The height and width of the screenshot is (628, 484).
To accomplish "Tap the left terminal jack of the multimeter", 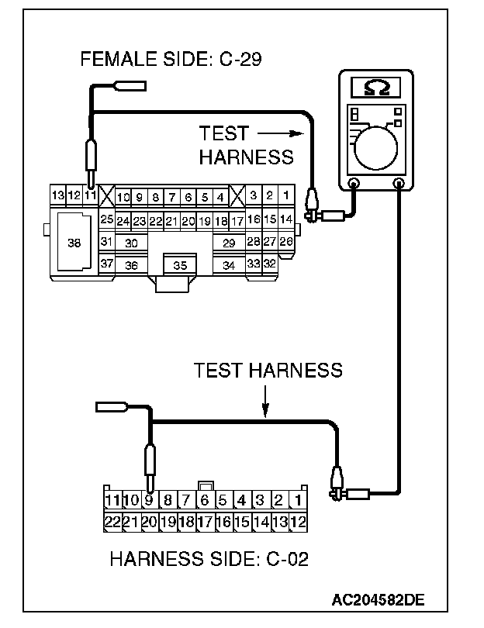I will [354, 185].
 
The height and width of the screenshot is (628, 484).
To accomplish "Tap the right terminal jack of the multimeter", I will [399, 185].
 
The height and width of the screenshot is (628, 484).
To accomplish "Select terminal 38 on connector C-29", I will [74, 243].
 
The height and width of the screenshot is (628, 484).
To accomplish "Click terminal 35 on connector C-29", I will [180, 265].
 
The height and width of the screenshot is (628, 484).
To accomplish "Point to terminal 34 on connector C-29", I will [229, 265].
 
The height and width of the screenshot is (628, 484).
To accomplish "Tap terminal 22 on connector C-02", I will [112, 521].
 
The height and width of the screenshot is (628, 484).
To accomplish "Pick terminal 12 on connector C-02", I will [299, 521].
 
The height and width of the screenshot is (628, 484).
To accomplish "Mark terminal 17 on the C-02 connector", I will [205, 521].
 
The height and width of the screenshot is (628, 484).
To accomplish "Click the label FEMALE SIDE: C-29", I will [171, 59].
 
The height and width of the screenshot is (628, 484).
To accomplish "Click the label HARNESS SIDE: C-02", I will [209, 558].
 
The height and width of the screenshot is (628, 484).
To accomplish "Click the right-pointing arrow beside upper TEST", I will [281, 133].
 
